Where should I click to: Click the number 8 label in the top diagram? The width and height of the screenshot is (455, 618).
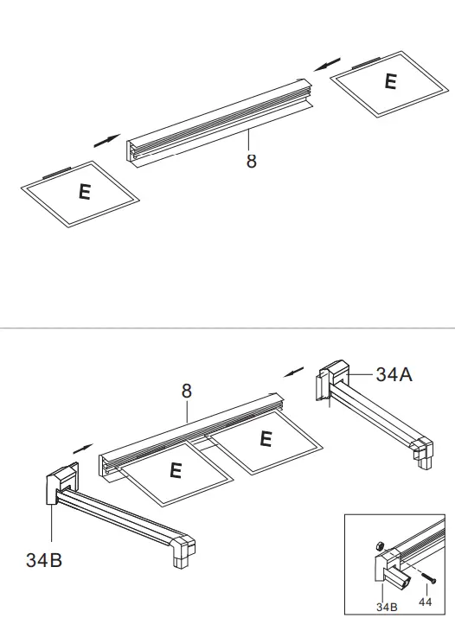click(252, 161)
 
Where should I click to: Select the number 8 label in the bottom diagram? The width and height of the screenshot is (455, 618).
click(186, 391)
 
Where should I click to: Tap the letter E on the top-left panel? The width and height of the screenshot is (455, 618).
click(84, 192)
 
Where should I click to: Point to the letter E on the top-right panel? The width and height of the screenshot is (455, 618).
click(390, 81)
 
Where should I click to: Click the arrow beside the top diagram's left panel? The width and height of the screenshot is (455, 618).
click(107, 140)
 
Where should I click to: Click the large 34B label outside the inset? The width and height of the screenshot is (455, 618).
click(42, 558)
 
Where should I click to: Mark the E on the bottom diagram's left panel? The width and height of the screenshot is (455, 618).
click(176, 471)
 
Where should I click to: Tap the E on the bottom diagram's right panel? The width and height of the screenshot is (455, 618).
click(266, 439)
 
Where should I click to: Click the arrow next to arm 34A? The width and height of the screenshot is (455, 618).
click(295, 373)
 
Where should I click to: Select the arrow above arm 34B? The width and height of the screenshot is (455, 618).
click(82, 449)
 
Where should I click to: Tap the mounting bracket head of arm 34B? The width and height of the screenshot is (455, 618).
click(58, 487)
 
